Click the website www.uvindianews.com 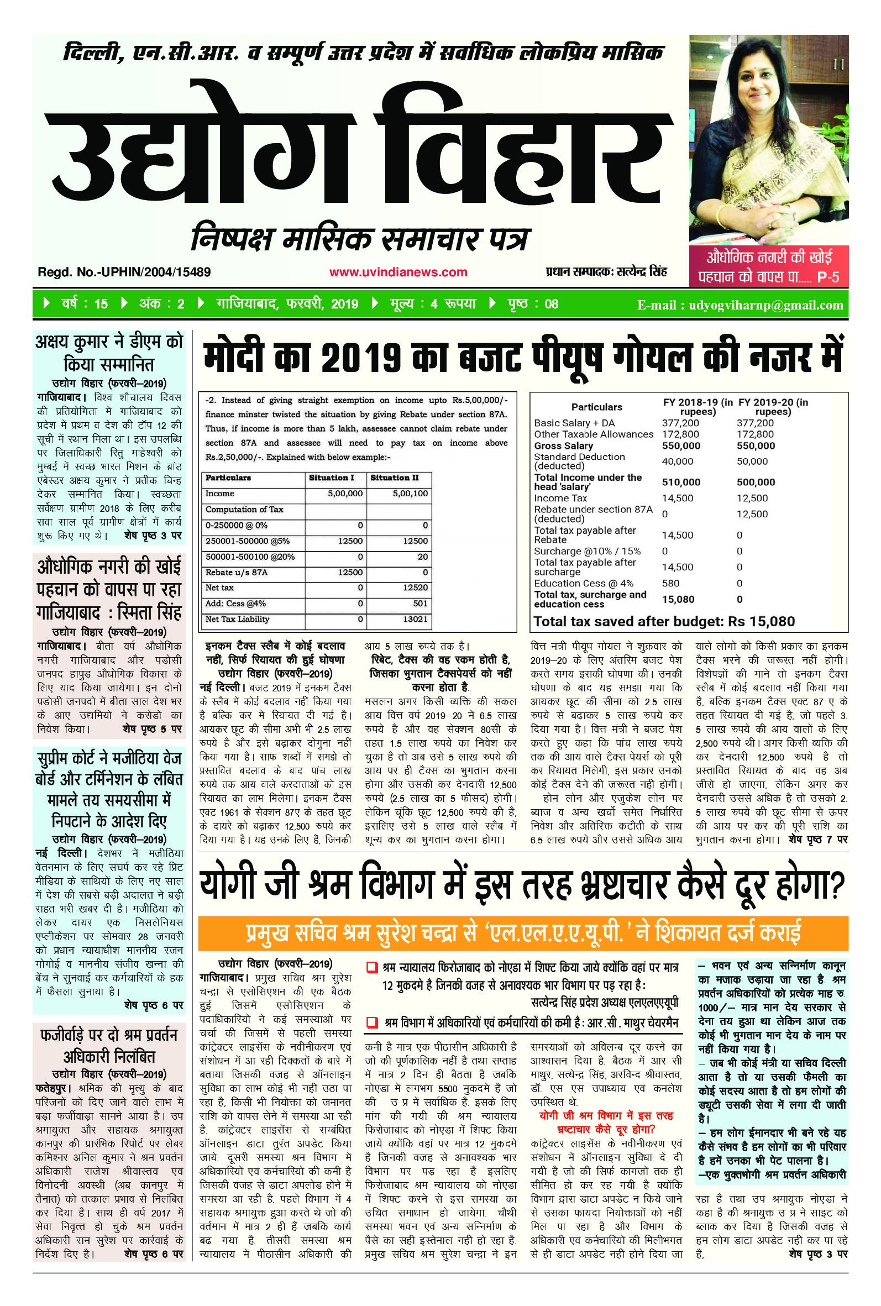pyautogui.click(x=398, y=272)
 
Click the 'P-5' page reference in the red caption pyautogui.click(x=827, y=277)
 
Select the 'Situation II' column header pyautogui.click(x=395, y=478)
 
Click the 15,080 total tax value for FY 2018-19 pyautogui.click(x=678, y=599)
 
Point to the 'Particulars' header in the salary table pyautogui.click(x=597, y=407)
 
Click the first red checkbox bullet pyautogui.click(x=371, y=967)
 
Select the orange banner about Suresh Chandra pyautogui.click(x=523, y=933)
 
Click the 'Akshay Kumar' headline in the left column pyautogui.click(x=109, y=353)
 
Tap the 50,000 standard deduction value pyautogui.click(x=752, y=461)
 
